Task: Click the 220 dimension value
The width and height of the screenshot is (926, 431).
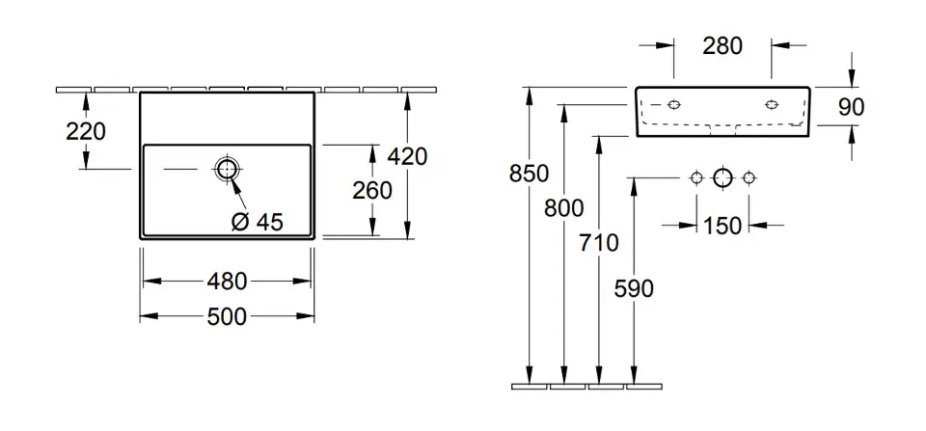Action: pyautogui.click(x=86, y=131)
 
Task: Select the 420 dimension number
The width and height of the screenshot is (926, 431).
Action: pyautogui.click(x=407, y=156)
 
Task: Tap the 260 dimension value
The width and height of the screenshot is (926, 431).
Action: pyautogui.click(x=372, y=191)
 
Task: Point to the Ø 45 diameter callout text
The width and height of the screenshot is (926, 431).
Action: pyautogui.click(x=258, y=222)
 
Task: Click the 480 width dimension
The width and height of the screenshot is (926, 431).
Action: pyautogui.click(x=227, y=282)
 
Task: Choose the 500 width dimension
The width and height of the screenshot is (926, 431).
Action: pyautogui.click(x=227, y=317)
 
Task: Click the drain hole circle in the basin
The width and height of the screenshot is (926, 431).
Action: pyautogui.click(x=226, y=170)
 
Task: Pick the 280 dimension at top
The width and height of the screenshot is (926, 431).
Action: pyautogui.click(x=722, y=45)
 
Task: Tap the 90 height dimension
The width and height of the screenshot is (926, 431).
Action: pyautogui.click(x=851, y=107)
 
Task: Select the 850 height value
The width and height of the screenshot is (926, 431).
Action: pyautogui.click(x=530, y=174)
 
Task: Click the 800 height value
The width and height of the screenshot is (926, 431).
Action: pyautogui.click(x=564, y=208)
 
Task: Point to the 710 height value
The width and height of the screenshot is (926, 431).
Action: pyautogui.click(x=599, y=243)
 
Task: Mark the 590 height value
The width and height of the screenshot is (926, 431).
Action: pyautogui.click(x=634, y=288)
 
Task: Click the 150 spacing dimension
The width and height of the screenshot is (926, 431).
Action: pyautogui.click(x=722, y=226)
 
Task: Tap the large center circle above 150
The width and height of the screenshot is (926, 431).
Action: pyautogui.click(x=722, y=177)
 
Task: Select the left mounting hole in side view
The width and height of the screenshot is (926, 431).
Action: pyautogui.click(x=674, y=104)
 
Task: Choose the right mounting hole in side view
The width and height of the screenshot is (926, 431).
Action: pyautogui.click(x=772, y=104)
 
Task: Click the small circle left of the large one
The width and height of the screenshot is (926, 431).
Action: pyautogui.click(x=696, y=177)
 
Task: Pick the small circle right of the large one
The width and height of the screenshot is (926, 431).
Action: pyautogui.click(x=749, y=177)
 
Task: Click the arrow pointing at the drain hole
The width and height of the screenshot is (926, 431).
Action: pyautogui.click(x=239, y=192)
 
